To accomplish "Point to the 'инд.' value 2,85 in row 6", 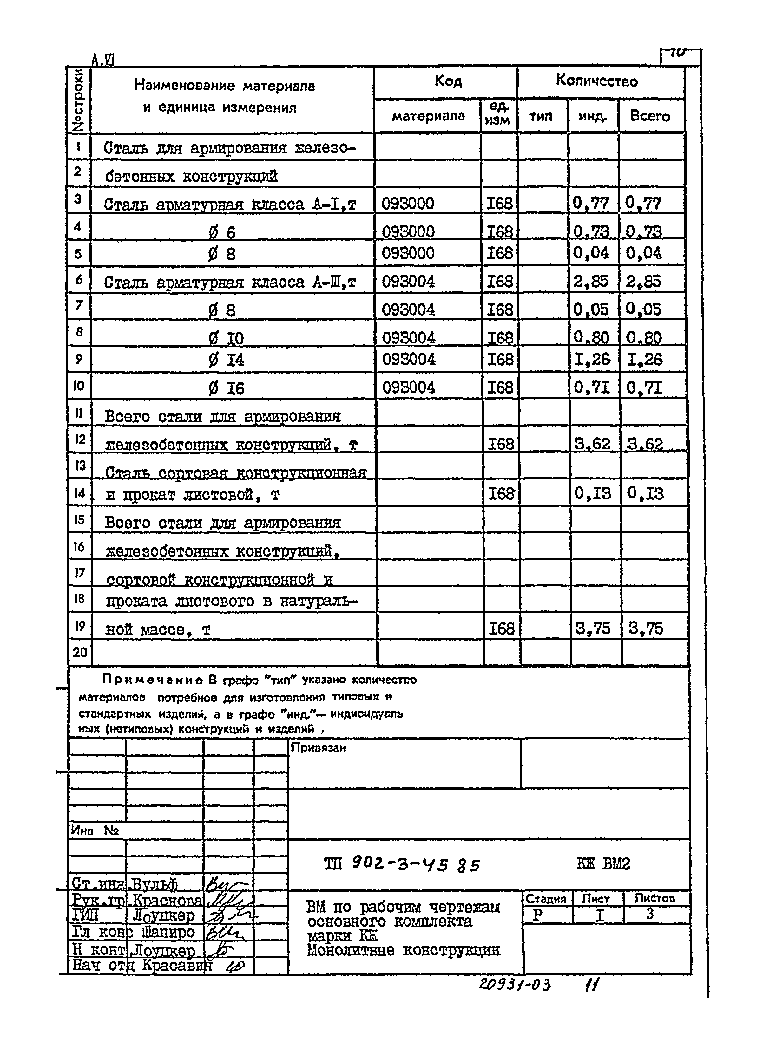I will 591,281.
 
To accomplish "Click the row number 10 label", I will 78,385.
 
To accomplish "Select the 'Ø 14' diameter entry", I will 226,360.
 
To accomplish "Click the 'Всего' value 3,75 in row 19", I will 645,628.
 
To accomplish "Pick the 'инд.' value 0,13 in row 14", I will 592,493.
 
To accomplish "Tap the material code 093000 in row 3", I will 408,203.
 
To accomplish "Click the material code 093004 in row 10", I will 408,387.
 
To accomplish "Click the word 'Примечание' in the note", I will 152,679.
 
